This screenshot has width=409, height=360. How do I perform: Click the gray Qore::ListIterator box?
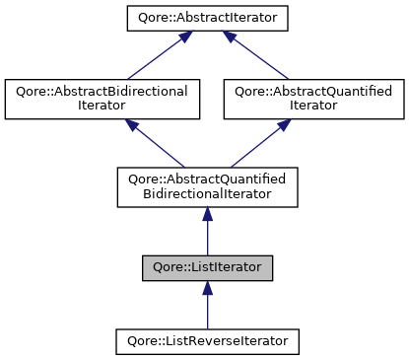pos(207,268)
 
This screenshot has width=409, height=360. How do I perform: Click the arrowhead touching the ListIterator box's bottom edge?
pos(207,287)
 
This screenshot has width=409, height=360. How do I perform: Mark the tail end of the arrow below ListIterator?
pos(207,327)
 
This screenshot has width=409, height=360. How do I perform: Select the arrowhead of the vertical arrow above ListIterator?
pos(207,213)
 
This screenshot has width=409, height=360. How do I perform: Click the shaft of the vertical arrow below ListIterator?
pos(207,311)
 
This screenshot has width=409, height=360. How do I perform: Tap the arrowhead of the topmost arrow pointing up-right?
pos(184,36)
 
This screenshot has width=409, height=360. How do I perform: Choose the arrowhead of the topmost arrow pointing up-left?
pos(229,36)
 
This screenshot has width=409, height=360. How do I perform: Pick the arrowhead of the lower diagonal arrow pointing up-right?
pos(284,124)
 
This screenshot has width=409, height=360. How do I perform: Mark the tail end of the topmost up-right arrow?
pos(127,79)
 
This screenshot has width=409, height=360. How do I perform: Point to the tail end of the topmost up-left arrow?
pos(288,79)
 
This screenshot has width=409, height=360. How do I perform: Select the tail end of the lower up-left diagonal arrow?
pos(184,166)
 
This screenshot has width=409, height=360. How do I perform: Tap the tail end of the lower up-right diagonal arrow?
pos(231,166)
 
